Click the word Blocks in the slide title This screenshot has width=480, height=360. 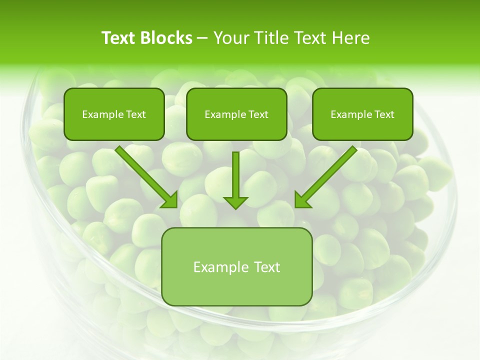[166, 38]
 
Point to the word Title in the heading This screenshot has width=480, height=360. [272, 38]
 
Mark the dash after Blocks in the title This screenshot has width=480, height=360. [202, 38]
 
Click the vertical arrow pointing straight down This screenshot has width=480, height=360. [235, 180]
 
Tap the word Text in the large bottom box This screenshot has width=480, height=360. [267, 267]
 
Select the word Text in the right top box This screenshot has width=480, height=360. [384, 114]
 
